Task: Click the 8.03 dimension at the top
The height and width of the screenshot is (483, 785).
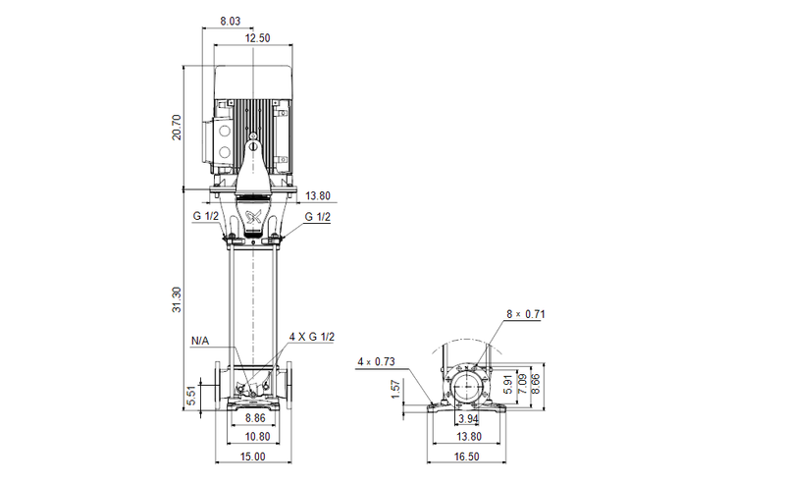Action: pyautogui.click(x=229, y=21)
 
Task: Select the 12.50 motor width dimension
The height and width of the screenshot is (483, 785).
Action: pyautogui.click(x=257, y=38)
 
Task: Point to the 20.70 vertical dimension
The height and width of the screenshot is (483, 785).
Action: pyautogui.click(x=177, y=127)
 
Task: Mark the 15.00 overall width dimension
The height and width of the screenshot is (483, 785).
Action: pyautogui.click(x=253, y=456)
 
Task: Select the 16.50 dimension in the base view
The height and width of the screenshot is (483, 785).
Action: pyautogui.click(x=466, y=456)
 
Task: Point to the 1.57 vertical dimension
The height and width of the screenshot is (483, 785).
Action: pyautogui.click(x=395, y=389)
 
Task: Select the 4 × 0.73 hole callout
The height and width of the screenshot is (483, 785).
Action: pyautogui.click(x=378, y=362)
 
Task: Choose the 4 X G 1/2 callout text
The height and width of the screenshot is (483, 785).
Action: pyautogui.click(x=312, y=337)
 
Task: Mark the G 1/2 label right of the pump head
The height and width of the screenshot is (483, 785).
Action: pyautogui.click(x=317, y=216)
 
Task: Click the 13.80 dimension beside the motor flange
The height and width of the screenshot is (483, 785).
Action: pyautogui.click(x=318, y=195)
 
